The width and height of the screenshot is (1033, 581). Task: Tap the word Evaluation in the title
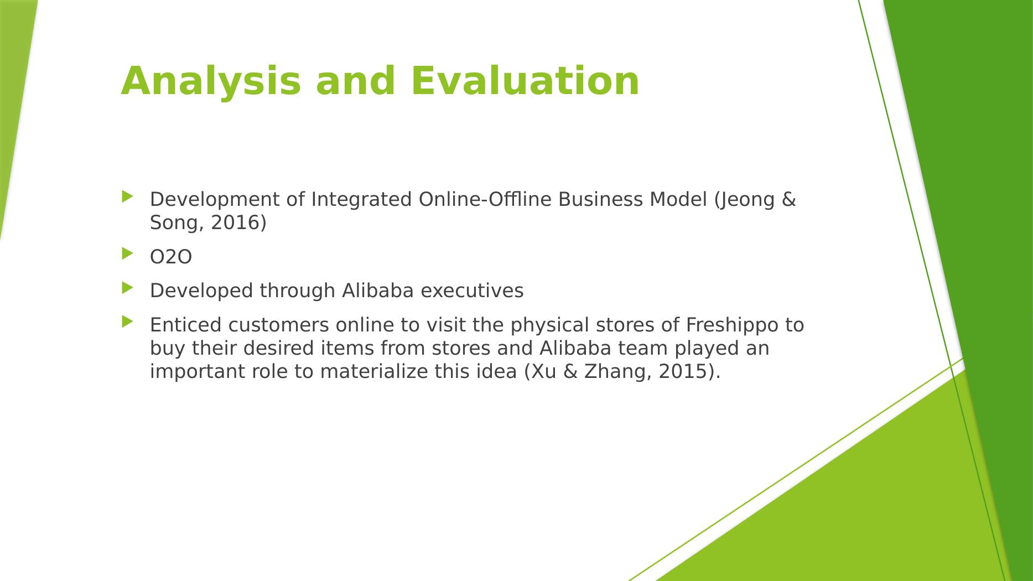[525, 81]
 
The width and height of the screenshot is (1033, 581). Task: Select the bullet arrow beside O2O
[127, 253]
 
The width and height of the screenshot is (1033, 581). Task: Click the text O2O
[171, 257]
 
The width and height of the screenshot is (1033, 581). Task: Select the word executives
[472, 290]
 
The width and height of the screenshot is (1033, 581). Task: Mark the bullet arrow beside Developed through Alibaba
[127, 287]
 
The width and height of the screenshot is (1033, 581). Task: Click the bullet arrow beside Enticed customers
[127, 321]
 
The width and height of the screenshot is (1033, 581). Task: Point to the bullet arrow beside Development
[127, 196]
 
